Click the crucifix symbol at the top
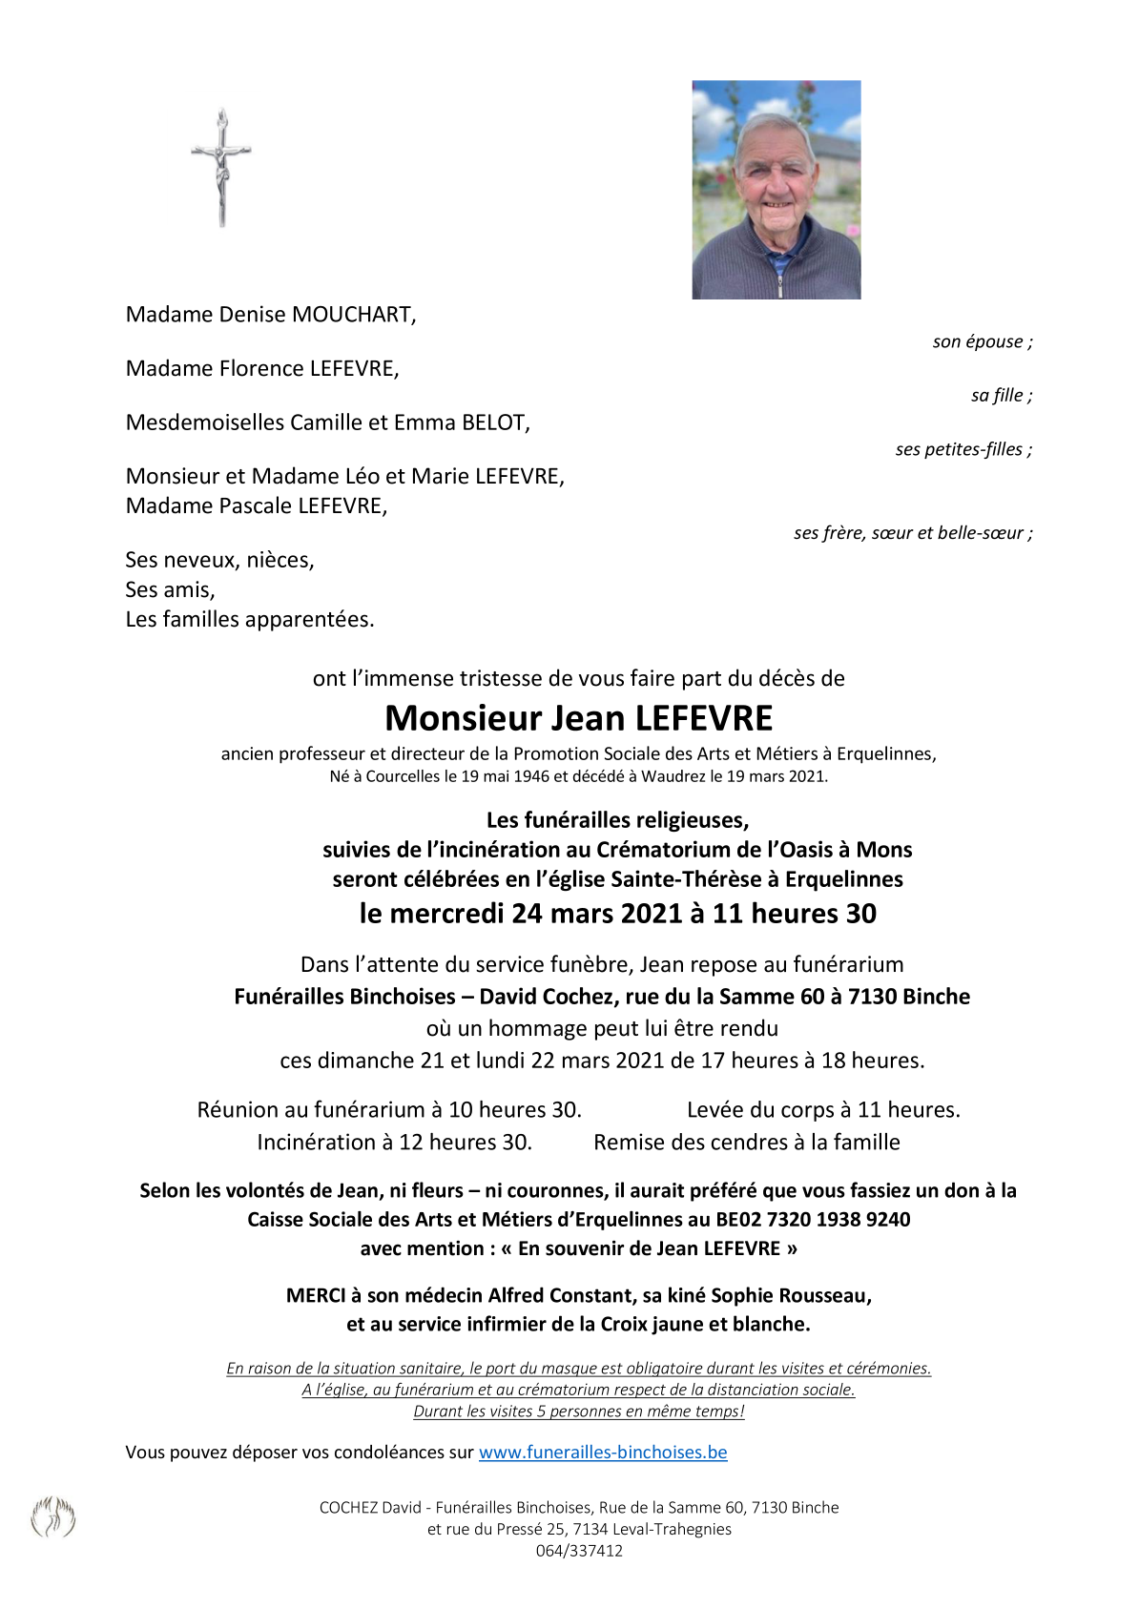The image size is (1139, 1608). point(221,167)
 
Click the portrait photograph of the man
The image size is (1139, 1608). point(776,190)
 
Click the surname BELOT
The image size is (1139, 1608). point(494,423)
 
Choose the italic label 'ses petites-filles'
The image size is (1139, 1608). point(962,449)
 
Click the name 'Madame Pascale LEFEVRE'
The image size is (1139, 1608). point(257,506)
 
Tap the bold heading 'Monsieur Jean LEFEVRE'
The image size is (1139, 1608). point(578,718)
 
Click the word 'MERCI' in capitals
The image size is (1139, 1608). point(317,1296)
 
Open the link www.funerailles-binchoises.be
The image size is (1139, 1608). point(603,1453)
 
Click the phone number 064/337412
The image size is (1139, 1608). point(579,1551)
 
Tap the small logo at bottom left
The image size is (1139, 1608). point(53,1517)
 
